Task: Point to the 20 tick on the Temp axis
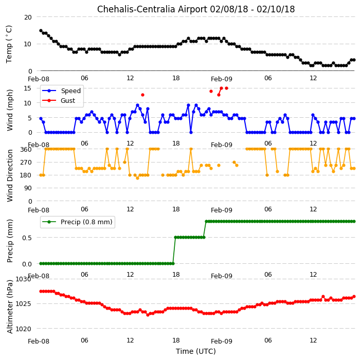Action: (x=28, y=17)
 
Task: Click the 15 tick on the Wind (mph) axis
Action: (x=28, y=88)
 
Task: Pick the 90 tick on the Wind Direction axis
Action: (x=28, y=188)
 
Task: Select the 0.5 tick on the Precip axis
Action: (x=27, y=238)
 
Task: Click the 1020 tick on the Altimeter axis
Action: (x=23, y=329)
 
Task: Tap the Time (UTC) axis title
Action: (x=196, y=351)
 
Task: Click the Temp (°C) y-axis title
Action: (x=9, y=44)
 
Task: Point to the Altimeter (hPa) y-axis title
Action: (x=9, y=307)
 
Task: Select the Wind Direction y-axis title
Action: (x=9, y=176)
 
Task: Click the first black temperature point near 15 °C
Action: (x=41, y=31)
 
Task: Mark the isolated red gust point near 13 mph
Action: (x=142, y=95)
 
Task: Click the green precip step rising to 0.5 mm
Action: (x=174, y=250)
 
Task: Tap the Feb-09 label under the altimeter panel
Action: (x=222, y=341)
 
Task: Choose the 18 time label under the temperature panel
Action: (x=176, y=78)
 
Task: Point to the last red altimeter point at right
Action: (x=354, y=297)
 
